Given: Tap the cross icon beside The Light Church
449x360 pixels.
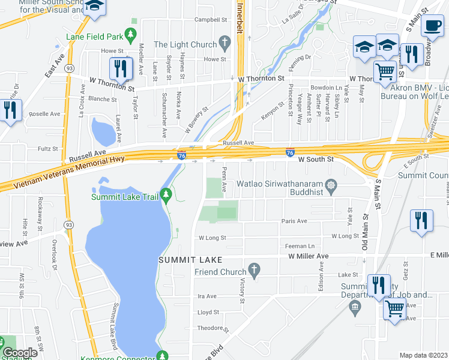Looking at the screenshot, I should click(225, 44).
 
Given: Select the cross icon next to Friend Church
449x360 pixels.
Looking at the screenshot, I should click(254, 272).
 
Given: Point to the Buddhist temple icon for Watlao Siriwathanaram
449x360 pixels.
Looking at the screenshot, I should click(331, 185).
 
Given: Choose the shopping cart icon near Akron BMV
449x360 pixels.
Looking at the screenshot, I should click(385, 72).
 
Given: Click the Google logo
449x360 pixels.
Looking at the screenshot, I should click(19, 353).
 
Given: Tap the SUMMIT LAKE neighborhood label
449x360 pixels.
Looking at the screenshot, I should click(190, 260).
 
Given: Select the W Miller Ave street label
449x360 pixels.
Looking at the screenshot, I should click(308, 256).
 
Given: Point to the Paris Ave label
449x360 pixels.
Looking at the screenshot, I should click(294, 221).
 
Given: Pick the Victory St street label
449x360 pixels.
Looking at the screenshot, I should click(243, 290).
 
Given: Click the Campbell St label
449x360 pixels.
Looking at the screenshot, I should click(209, 19).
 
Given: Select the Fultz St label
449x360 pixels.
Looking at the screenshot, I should click(47, 148).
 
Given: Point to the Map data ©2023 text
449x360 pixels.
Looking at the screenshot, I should click(424, 355).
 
